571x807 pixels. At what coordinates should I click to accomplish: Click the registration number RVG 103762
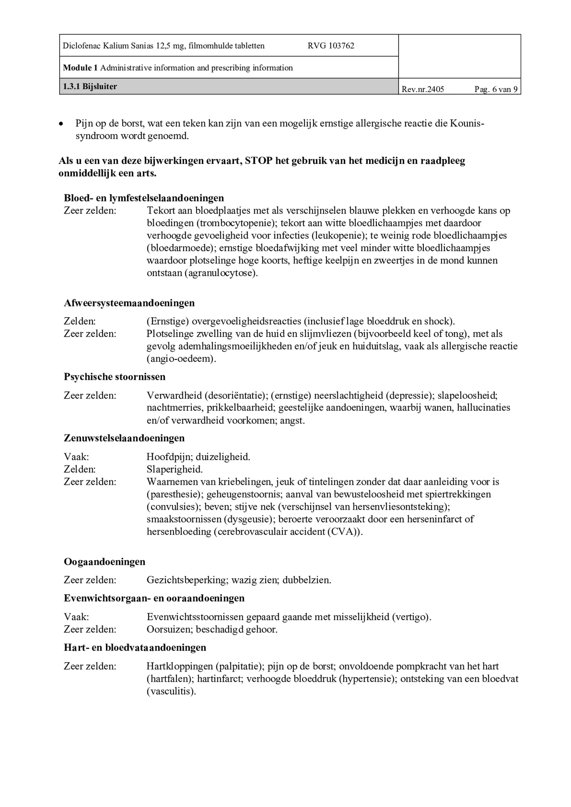[x=331, y=46]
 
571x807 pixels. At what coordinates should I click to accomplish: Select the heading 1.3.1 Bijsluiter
[x=90, y=87]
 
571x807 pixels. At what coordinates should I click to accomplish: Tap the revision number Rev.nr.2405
[x=423, y=89]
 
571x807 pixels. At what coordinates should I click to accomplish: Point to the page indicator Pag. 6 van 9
[x=496, y=89]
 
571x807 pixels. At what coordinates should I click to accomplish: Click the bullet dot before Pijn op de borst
[x=61, y=124]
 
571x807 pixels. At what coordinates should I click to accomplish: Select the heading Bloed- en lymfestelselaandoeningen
[x=144, y=198]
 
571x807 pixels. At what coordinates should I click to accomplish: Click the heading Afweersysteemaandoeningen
[x=129, y=303]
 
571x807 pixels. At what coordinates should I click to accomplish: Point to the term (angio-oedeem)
[x=181, y=359]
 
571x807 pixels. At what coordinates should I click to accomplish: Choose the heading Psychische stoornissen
[x=115, y=377]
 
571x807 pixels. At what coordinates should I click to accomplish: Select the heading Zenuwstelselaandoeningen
[x=124, y=438]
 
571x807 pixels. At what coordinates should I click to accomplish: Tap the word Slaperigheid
[x=175, y=469]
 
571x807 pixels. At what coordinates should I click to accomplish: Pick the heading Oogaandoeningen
[x=104, y=562]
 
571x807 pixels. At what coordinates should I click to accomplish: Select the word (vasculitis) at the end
[x=171, y=691]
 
